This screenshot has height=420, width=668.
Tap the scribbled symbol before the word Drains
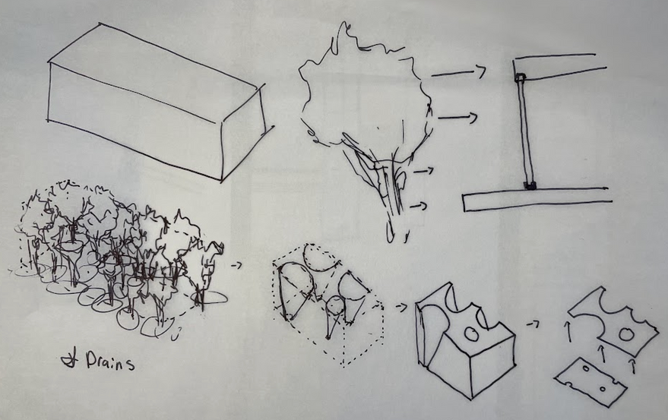click(69, 361)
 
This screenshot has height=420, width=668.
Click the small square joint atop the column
click(520, 77)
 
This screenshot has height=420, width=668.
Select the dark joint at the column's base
click(530, 185)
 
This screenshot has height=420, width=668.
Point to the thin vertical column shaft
click(525, 131)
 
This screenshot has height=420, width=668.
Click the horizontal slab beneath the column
click(537, 200)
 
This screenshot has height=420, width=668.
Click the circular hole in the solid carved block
click(472, 333)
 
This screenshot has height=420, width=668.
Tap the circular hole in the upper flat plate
click(626, 334)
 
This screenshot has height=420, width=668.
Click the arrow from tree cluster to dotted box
click(236, 265)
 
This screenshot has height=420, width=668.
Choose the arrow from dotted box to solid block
click(401, 307)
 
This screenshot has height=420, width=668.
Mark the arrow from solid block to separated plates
click(533, 324)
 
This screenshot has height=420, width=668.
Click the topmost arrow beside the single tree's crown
click(458, 73)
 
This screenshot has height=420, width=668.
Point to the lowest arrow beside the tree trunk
click(418, 206)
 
